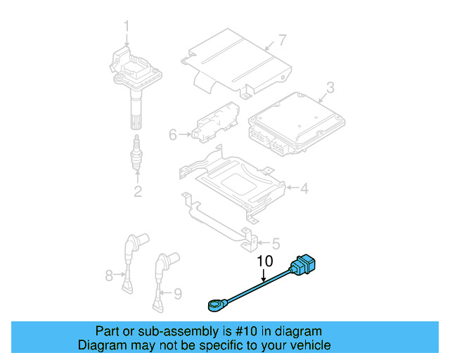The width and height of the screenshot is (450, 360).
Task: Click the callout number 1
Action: [x=127, y=27]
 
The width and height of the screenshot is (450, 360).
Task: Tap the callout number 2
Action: [x=138, y=191]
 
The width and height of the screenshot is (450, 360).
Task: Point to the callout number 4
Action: [x=304, y=188]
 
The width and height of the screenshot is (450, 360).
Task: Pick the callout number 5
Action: [x=275, y=243]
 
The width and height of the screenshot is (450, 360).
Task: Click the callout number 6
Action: [x=173, y=134]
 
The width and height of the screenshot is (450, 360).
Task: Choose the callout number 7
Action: [x=281, y=39]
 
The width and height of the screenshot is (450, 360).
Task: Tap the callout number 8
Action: [x=109, y=276]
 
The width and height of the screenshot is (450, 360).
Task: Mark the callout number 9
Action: [x=177, y=292]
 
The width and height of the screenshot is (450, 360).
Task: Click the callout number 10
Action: [x=264, y=262]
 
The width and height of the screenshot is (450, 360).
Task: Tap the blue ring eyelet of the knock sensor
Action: [x=215, y=305]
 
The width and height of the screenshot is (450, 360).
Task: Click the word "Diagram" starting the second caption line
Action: [x=101, y=345]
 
